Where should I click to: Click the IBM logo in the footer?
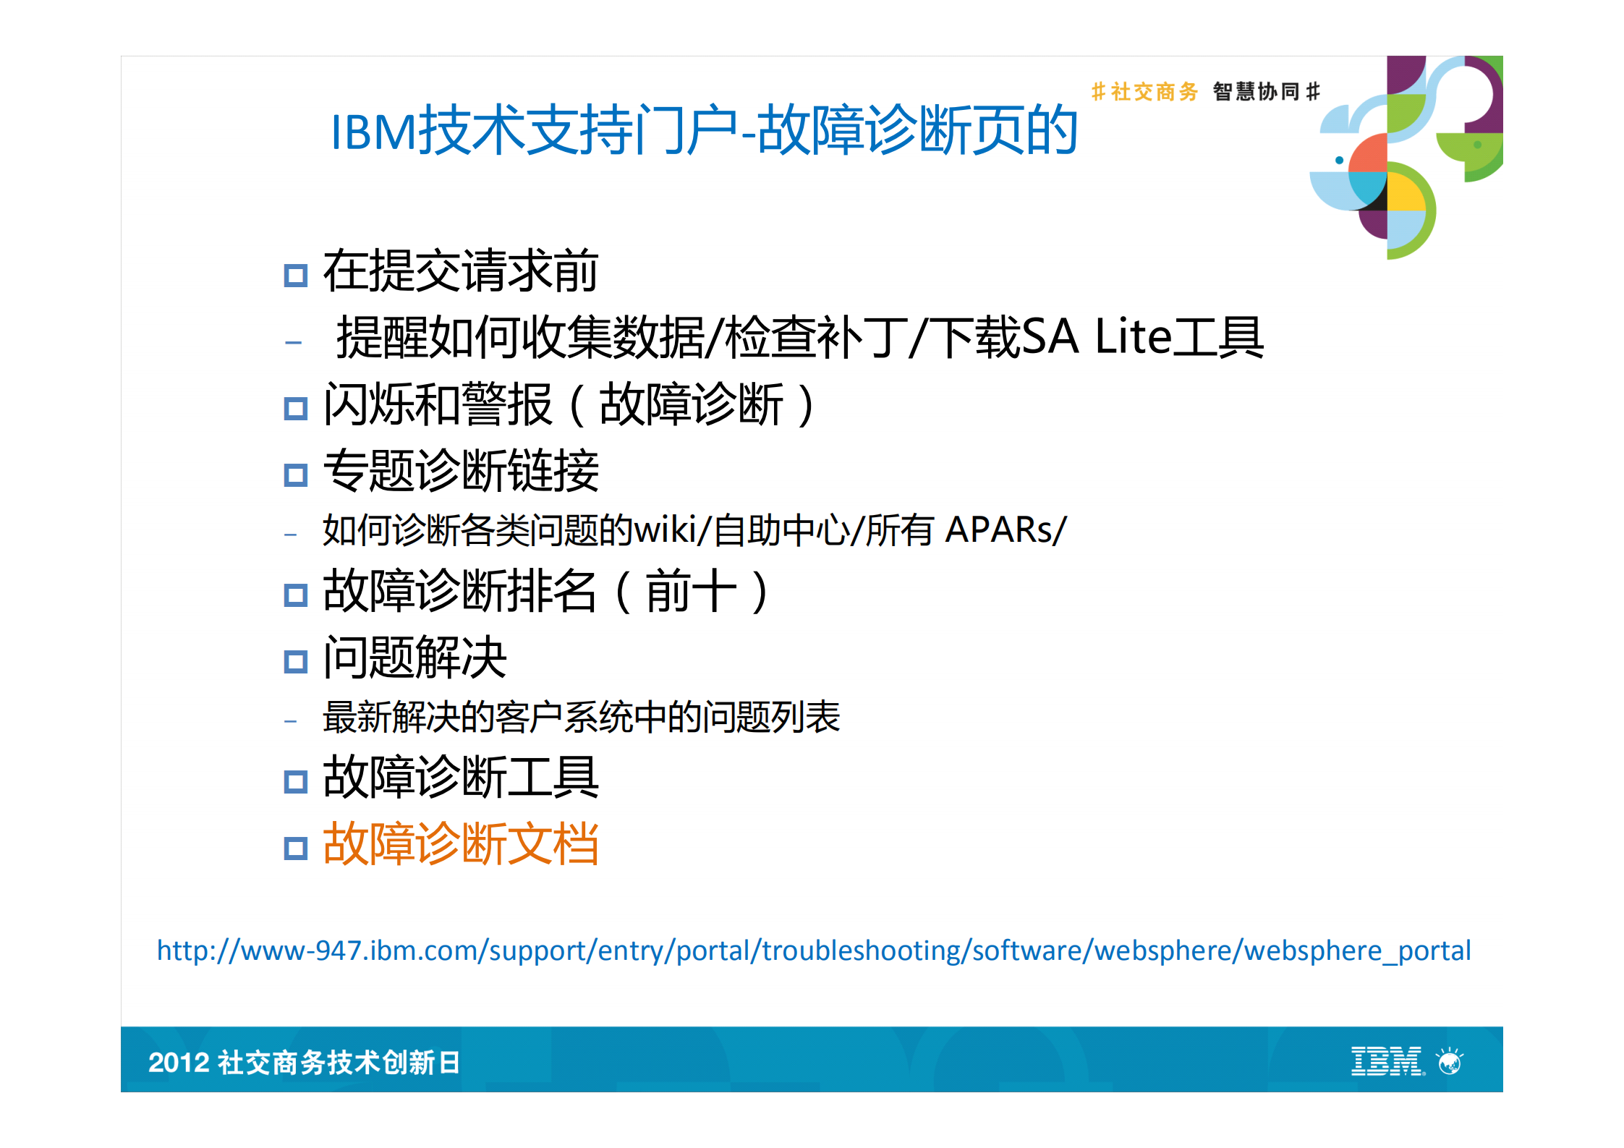coord(1386,1061)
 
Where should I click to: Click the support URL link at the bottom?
coord(813,951)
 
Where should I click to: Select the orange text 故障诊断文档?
coord(461,843)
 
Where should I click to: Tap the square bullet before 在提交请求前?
coord(296,276)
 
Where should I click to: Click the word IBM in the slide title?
coord(373,133)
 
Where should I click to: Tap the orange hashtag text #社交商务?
coord(1144,92)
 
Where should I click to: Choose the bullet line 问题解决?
coord(414,658)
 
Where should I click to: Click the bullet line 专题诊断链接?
coord(461,471)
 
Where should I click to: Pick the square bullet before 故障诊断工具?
coord(296,781)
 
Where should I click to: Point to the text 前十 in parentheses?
coord(691,591)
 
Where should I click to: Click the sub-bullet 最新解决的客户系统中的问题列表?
coord(581,717)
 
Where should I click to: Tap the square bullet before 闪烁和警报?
coord(296,409)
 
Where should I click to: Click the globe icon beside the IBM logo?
coord(1450,1062)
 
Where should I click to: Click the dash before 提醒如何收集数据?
coord(293,341)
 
